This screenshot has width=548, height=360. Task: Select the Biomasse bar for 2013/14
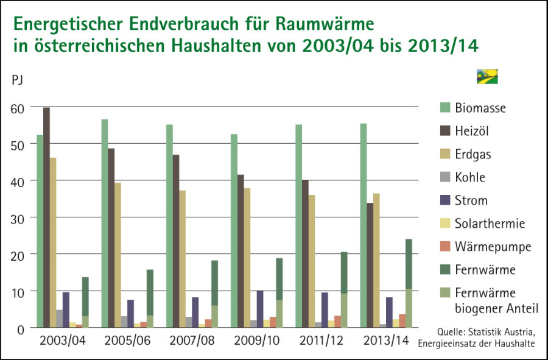[x=364, y=225]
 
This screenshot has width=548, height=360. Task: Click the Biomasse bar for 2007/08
[x=169, y=226]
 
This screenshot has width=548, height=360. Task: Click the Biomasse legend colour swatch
[x=446, y=108]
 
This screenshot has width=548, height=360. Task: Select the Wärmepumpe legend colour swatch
[x=446, y=247]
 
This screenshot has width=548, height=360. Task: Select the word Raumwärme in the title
[x=323, y=25]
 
